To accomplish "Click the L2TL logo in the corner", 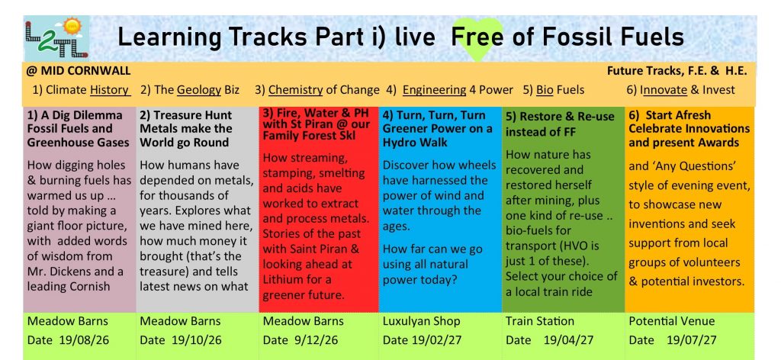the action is point(56,39).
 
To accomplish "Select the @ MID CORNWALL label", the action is point(79,71).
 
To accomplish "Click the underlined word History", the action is point(110,90).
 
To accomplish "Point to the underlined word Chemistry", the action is point(295,90).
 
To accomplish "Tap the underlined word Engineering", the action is point(434,90).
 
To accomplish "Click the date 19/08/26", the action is point(84,341).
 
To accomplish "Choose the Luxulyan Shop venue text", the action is point(421,321).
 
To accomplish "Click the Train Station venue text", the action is point(540,321).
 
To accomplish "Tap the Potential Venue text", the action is point(671,321).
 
